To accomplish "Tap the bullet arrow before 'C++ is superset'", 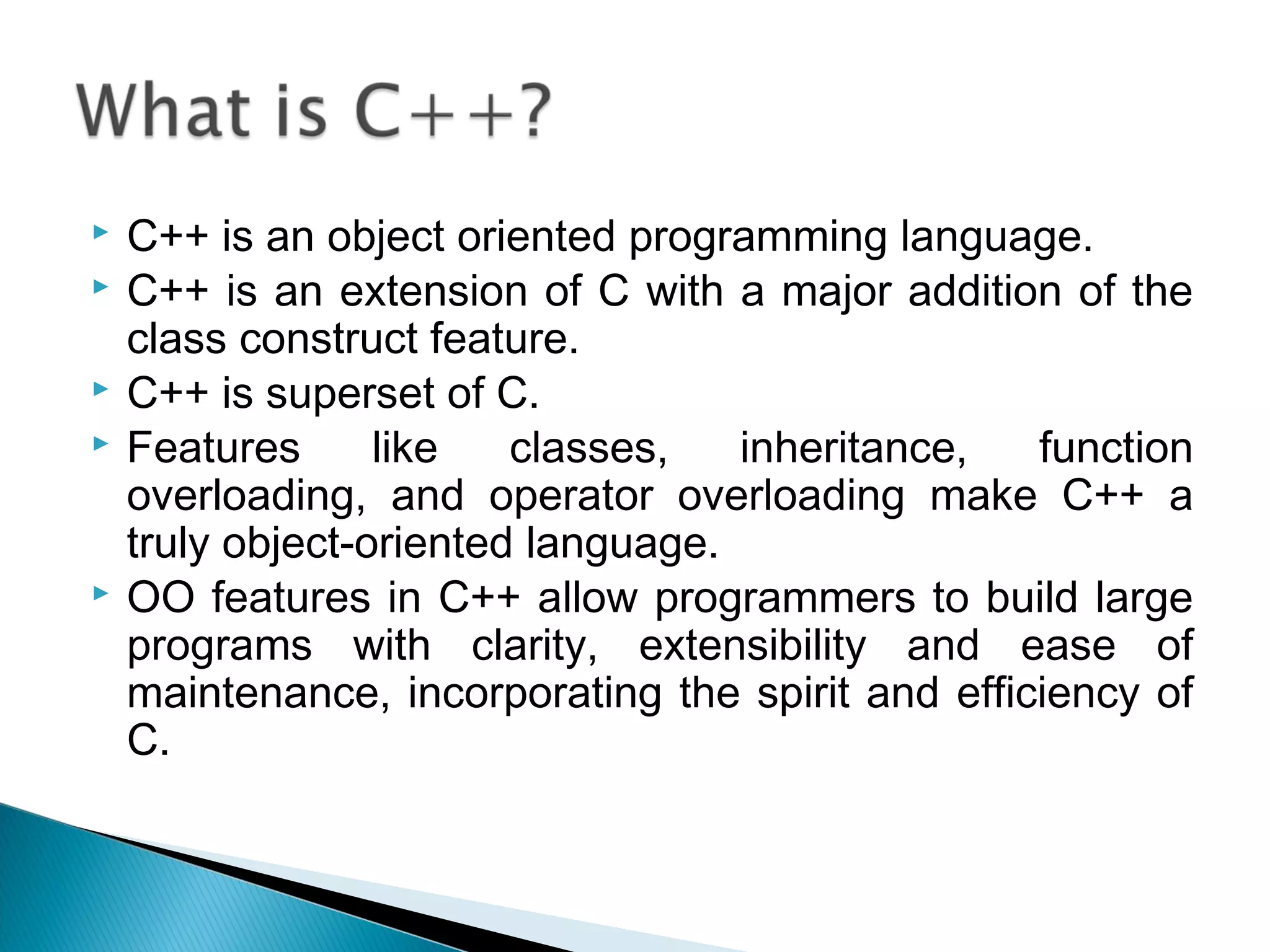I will (100, 389).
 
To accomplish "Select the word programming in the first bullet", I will (758, 238).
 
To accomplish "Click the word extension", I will (433, 291).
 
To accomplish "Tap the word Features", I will (213, 448).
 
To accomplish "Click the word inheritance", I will (853, 448).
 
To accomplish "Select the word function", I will (1115, 448).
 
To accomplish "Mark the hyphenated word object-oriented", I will (367, 544).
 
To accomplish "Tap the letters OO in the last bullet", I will (161, 598).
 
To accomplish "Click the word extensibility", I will (752, 646).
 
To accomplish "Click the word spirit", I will (803, 695).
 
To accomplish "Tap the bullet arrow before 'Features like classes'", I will (100, 444).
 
